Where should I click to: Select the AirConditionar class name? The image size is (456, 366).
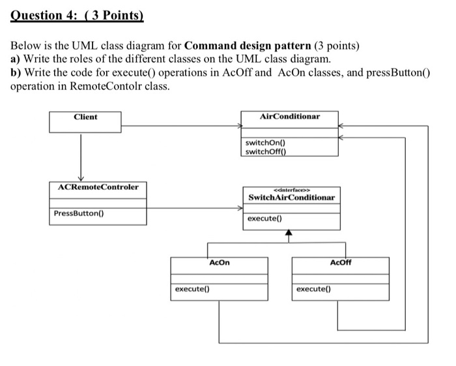pos(289,117)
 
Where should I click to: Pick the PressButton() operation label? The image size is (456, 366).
pos(81,213)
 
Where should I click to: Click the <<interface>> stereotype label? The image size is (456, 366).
pos(291,187)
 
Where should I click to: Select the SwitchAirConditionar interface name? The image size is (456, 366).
pos(291,197)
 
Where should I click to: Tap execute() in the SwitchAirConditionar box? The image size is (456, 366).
pos(264,219)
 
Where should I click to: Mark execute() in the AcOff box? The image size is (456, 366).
pos(313,288)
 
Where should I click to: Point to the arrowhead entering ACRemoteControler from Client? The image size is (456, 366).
pos(81,179)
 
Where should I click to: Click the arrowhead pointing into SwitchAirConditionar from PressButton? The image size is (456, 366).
pos(239,209)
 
